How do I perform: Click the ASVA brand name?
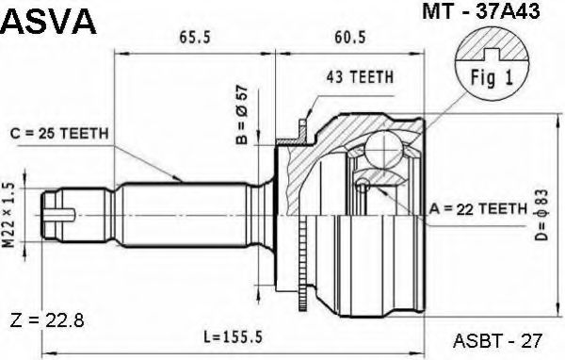tap(49, 22)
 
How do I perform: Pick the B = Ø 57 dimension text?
tap(241, 114)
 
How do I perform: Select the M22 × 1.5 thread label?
tap(11, 218)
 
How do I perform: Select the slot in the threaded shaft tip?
tap(58, 218)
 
